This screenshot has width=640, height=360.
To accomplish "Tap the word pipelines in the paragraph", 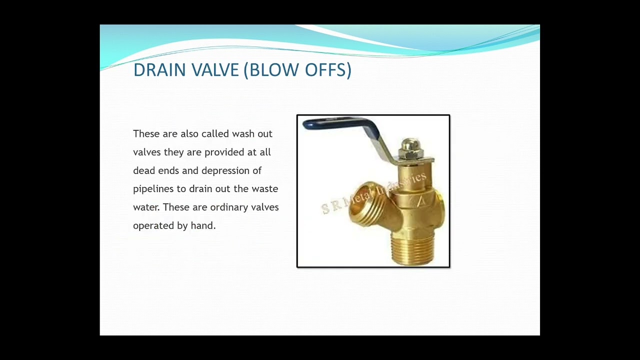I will click(153, 189).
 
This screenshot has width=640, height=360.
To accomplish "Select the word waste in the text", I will click(264, 189).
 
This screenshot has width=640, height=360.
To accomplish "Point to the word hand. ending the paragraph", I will click(203, 225).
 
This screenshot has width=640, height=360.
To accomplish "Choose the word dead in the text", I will click(144, 170).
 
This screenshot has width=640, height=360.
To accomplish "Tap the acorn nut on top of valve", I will click(410, 148).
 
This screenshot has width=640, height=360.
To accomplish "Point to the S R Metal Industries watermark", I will click(374, 193).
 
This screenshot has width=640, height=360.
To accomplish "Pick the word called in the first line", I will click(215, 134).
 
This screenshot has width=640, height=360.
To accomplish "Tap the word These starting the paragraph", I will click(146, 134).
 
